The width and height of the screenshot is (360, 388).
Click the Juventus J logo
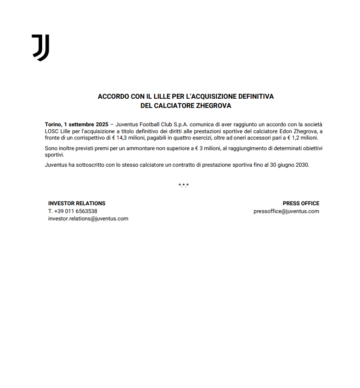(x=40, y=47)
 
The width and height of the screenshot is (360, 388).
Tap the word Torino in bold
(x=53, y=124)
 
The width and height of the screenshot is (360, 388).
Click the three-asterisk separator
(x=184, y=186)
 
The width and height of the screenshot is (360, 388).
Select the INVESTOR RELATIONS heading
(x=77, y=203)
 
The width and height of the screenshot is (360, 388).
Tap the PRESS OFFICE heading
(x=301, y=203)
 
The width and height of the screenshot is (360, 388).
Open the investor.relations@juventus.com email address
(x=88, y=219)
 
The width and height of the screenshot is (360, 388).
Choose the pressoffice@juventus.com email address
(x=286, y=211)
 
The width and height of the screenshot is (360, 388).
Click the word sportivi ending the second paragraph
(x=54, y=155)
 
